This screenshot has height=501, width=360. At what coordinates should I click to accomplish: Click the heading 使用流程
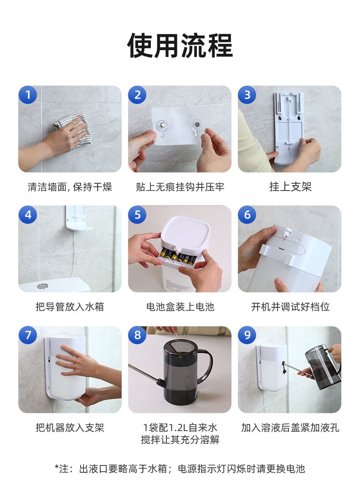180,45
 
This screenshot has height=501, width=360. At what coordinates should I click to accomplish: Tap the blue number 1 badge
28,94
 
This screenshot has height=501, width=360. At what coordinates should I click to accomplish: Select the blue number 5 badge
137,214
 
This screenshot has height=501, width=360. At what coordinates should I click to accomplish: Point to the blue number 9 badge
247,335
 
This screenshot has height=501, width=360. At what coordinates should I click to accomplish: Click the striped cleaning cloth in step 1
71,129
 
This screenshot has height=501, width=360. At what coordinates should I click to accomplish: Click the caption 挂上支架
290,186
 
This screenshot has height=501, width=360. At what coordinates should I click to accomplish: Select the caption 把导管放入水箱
70,307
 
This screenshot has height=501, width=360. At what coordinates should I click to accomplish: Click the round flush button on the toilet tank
42,286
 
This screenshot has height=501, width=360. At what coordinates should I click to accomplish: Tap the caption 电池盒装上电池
180,307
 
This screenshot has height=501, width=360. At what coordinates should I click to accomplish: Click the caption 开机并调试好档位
290,307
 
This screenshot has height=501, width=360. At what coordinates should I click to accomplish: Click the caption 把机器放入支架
70,427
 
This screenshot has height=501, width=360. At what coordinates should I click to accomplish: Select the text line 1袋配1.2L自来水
180,427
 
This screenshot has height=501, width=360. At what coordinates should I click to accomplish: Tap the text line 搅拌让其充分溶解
180,439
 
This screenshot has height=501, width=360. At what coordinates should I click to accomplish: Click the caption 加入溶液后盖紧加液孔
290,427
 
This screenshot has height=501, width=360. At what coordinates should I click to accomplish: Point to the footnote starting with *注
180,469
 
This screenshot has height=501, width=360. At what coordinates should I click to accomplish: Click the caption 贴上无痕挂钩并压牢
180,186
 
